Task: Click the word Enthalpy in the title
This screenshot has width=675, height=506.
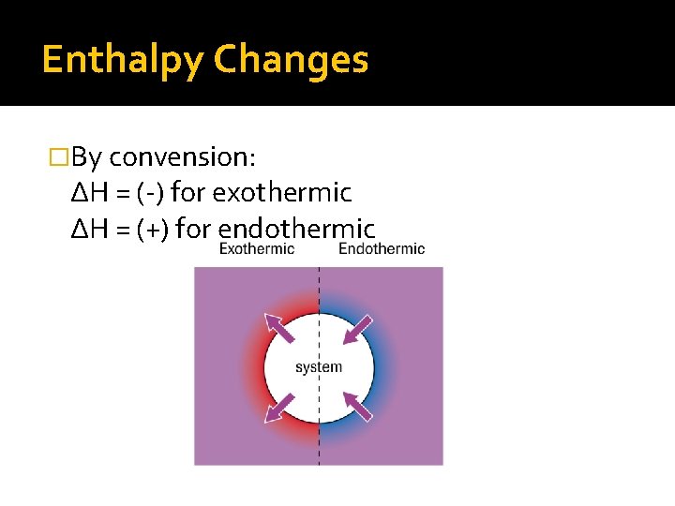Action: point(122,60)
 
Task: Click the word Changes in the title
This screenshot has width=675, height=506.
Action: point(291,60)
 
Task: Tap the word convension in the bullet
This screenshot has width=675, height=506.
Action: point(189,156)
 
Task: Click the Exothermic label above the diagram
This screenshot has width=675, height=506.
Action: point(257,249)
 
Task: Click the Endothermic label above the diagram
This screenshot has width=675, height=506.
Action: point(382,249)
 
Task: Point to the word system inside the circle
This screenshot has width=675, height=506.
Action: point(319,367)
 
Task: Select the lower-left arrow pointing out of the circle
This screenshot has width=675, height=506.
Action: point(277,408)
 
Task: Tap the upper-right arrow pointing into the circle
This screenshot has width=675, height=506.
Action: point(358,328)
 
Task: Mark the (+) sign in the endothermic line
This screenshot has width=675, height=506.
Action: point(150,229)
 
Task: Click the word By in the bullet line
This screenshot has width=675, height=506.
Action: point(87,156)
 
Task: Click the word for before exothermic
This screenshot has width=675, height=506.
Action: point(188,193)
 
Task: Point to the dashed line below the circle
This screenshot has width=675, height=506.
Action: point(319,445)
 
